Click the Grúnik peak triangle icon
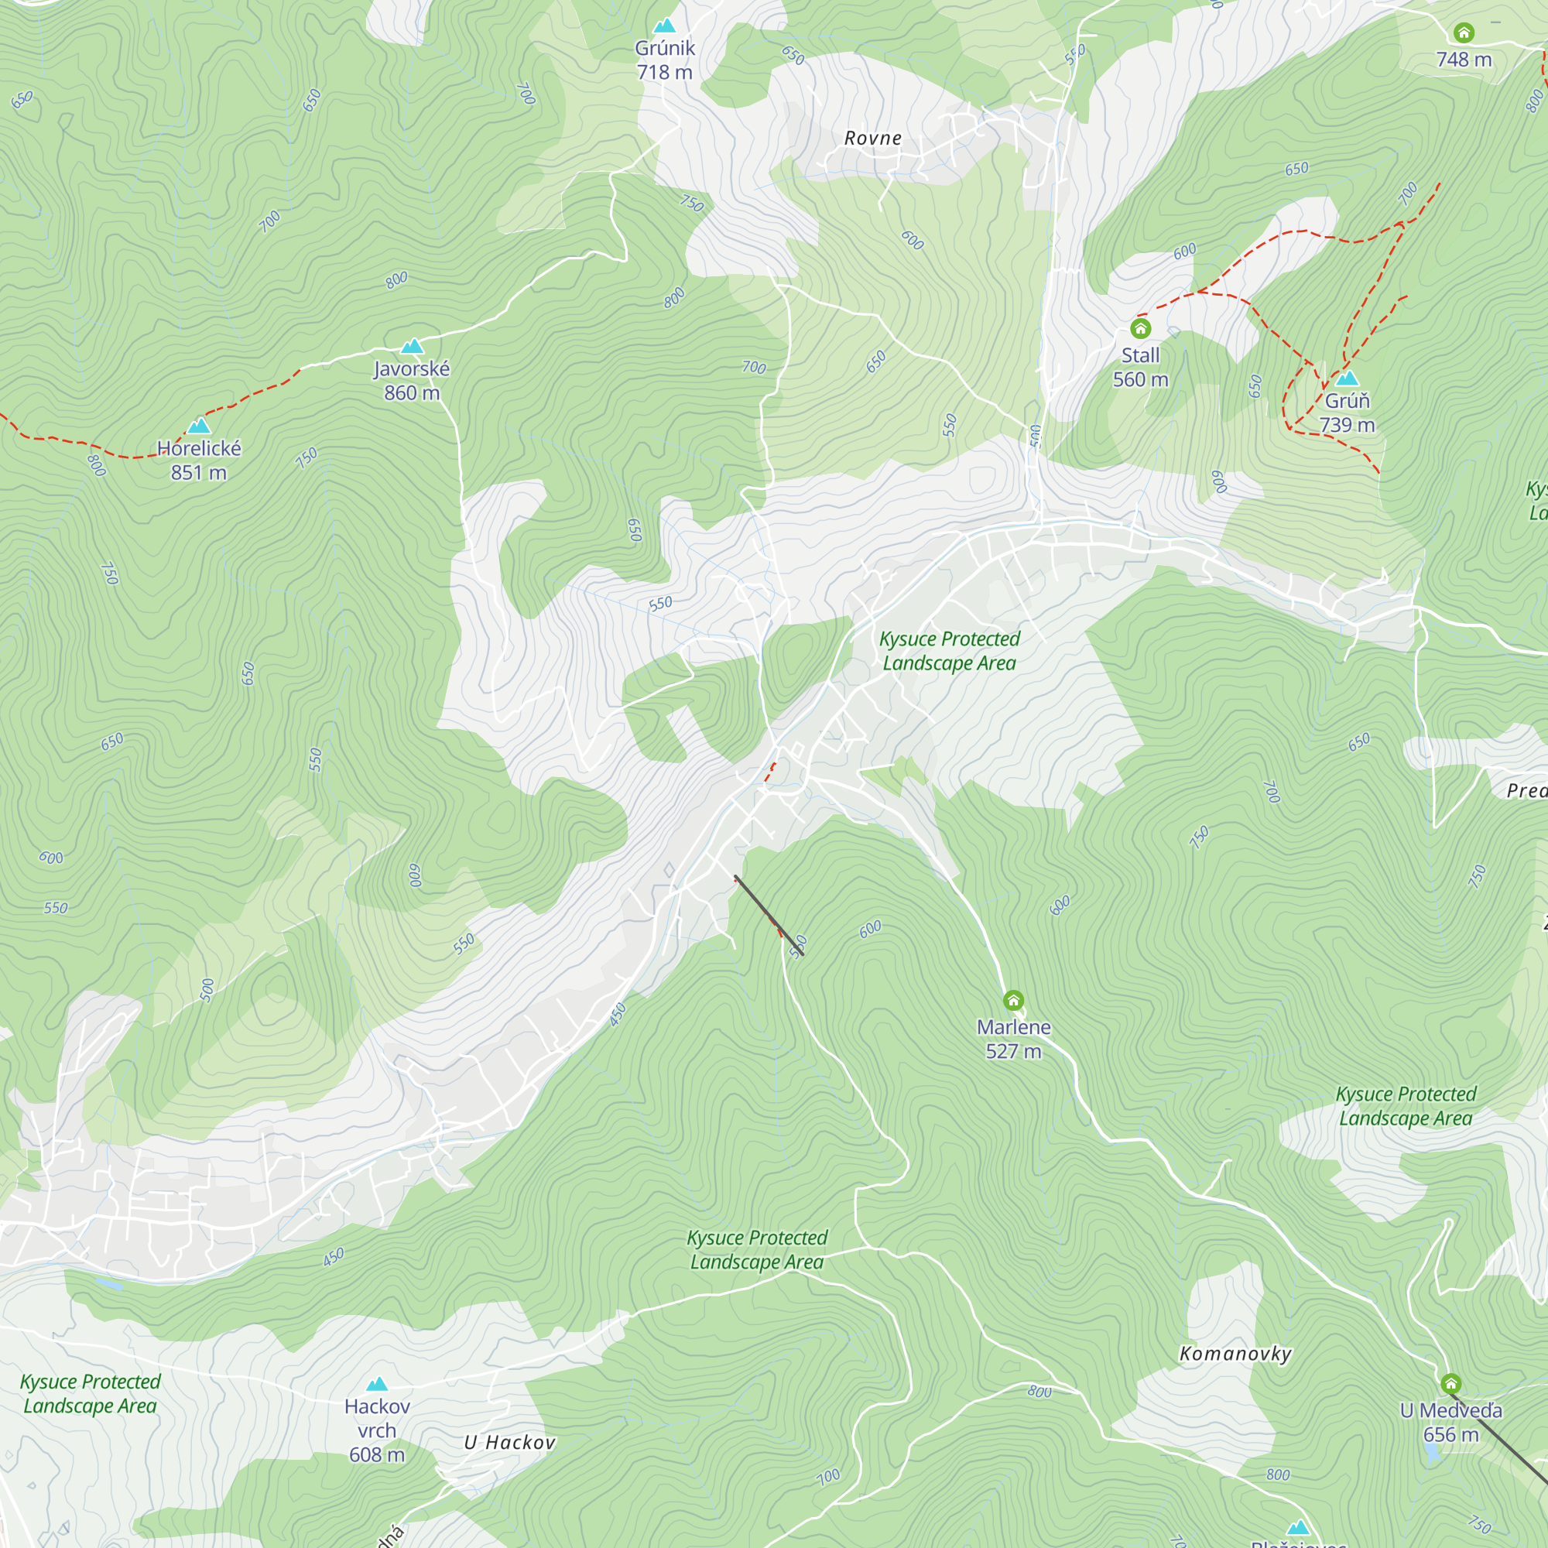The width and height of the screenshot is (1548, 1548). tap(664, 26)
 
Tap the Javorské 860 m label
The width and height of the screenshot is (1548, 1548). tap(412, 381)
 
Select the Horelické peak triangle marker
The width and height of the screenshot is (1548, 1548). tap(199, 426)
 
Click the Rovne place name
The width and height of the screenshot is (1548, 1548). tap(872, 138)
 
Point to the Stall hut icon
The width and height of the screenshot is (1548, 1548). tap(1140, 328)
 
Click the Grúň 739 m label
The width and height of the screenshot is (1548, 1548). tap(1347, 413)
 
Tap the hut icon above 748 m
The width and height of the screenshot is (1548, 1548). tap(1464, 33)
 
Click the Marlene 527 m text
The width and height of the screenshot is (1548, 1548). tap(1014, 1039)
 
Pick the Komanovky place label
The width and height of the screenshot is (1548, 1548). tap(1235, 1354)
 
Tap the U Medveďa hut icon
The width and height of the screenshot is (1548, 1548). tap(1451, 1384)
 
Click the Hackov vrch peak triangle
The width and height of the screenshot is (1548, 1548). tap(377, 1385)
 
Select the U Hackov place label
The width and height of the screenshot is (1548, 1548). tap(509, 1442)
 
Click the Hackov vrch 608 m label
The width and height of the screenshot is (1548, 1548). tap(377, 1430)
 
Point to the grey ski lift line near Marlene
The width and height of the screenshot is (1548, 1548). tap(769, 915)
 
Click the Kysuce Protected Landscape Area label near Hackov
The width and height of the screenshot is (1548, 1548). tap(90, 1393)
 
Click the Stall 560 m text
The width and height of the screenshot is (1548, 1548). tap(1140, 367)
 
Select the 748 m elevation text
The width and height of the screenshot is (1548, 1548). tap(1464, 60)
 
